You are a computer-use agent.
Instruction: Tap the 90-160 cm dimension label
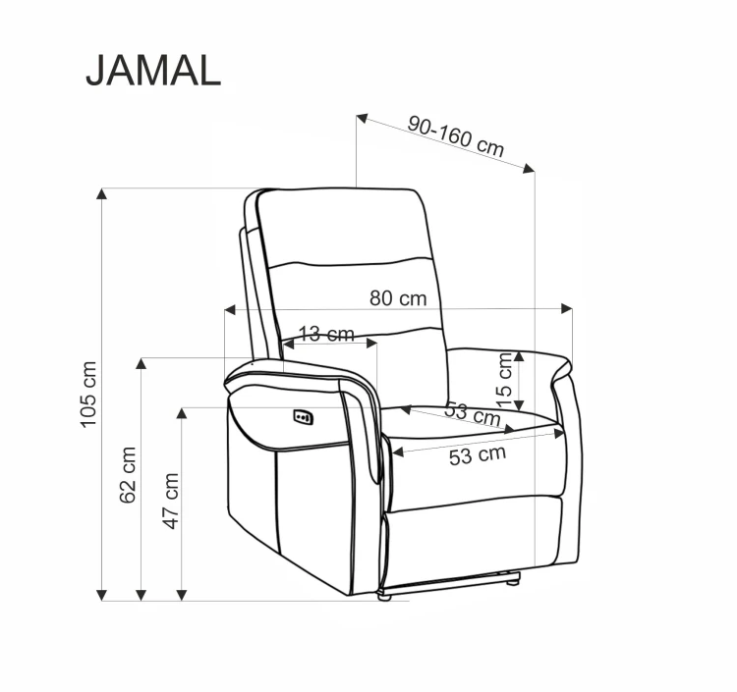[456, 136]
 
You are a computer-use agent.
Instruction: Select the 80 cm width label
[398, 298]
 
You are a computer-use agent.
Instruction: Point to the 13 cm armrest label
[325, 334]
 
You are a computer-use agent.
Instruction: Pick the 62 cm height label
[128, 475]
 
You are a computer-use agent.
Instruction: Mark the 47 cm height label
[170, 501]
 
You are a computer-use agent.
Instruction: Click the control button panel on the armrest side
[304, 417]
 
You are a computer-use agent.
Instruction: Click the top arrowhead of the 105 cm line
[101, 192]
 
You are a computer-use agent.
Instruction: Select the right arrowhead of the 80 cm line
[567, 309]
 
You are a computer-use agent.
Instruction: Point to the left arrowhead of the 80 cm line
[229, 309]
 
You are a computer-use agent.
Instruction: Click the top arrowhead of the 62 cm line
[142, 364]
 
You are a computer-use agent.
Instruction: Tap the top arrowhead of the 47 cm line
[182, 413]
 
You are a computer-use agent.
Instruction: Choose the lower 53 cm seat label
[478, 454]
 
